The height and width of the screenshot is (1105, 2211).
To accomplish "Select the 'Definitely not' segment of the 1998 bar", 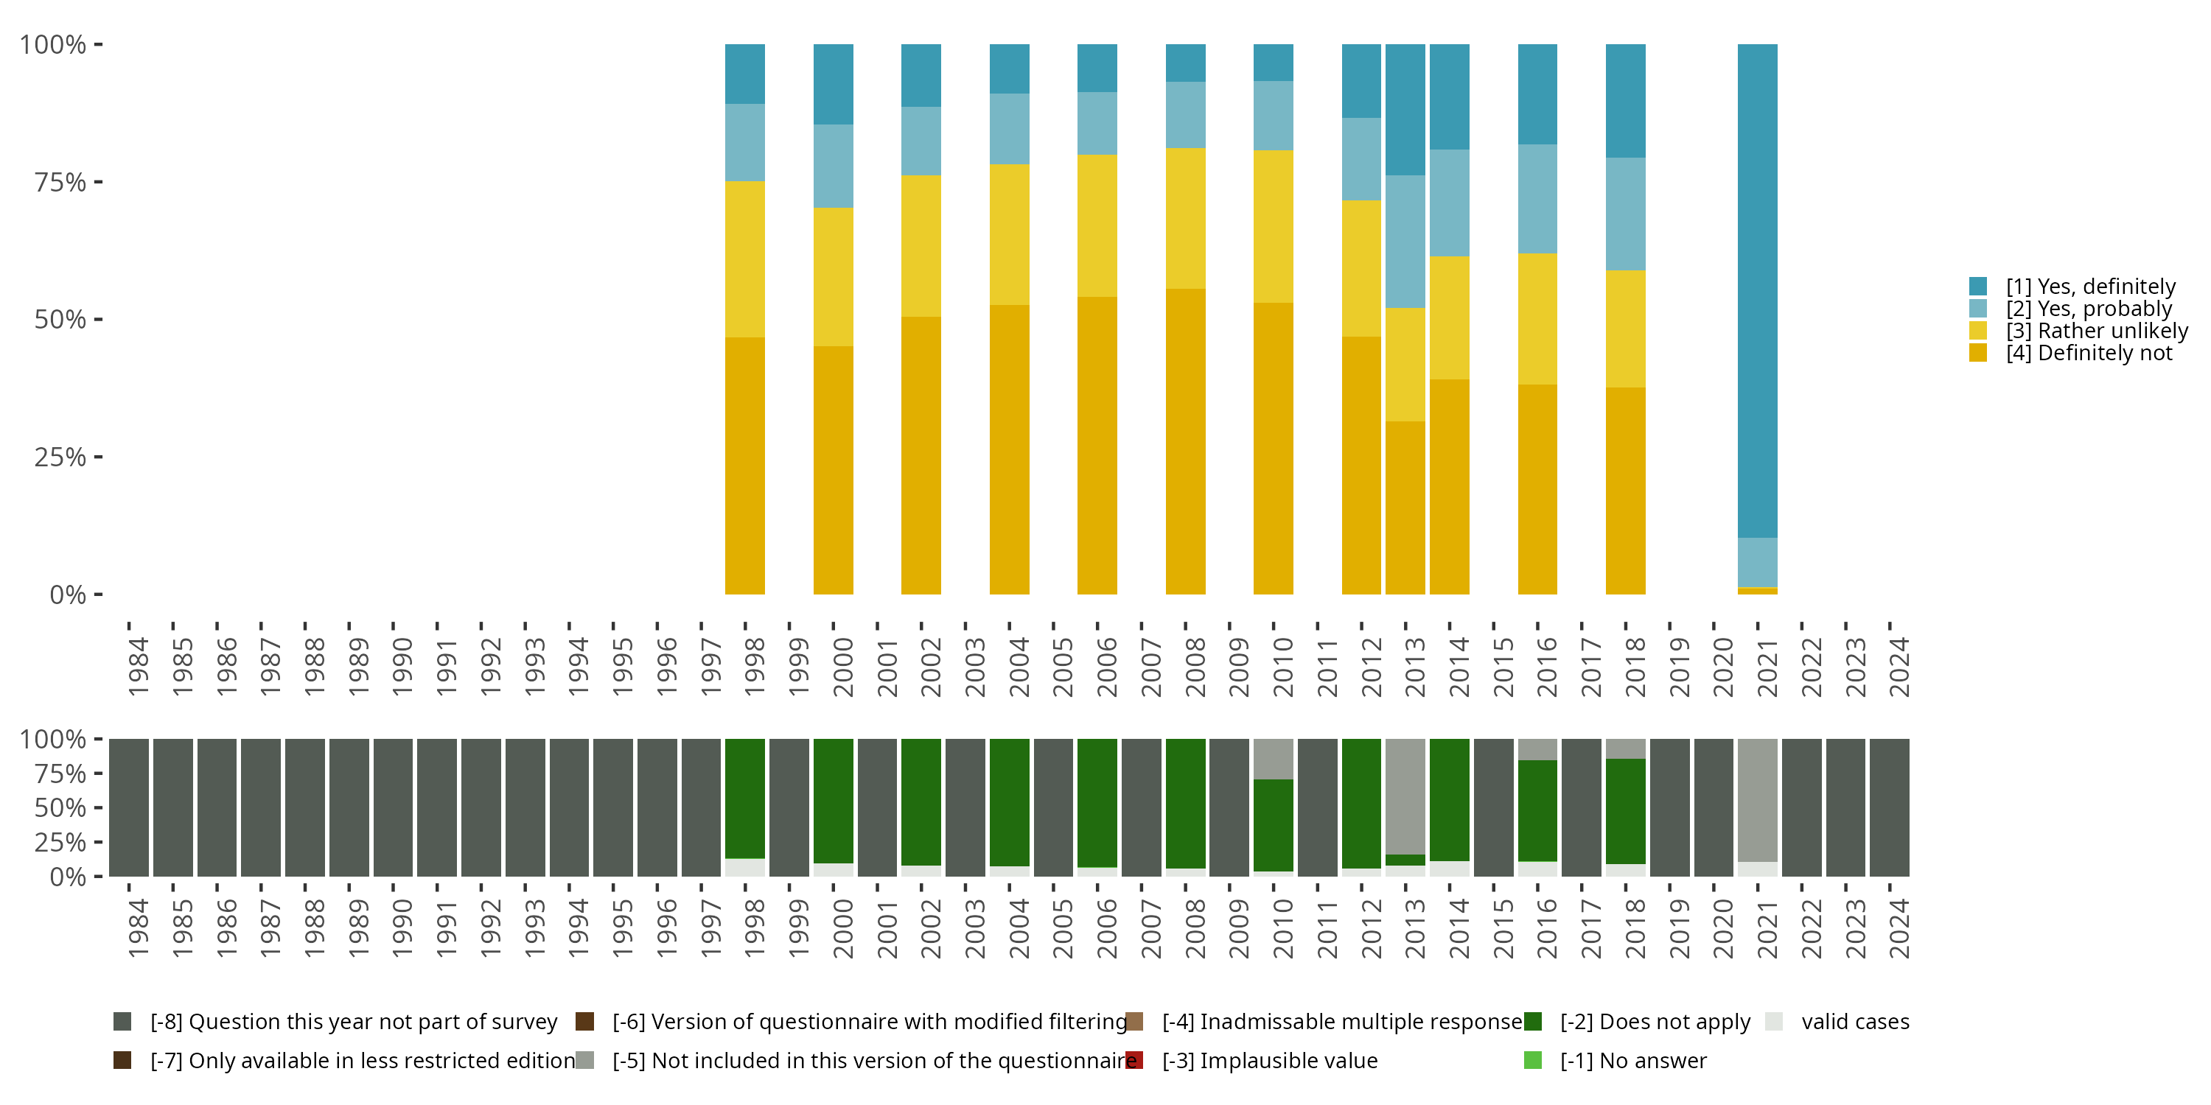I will tap(745, 465).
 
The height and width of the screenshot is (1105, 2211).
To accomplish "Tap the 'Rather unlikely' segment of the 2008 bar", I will tap(1185, 218).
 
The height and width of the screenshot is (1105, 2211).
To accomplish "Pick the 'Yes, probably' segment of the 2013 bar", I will tap(1405, 241).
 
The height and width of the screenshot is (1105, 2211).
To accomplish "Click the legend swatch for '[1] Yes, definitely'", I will tap(1978, 286).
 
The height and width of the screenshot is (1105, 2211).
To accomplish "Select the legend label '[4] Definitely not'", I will tap(2089, 353).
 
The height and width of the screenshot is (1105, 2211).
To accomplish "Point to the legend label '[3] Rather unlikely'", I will tap(2097, 330).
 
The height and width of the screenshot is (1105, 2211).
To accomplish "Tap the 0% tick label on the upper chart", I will tap(68, 594).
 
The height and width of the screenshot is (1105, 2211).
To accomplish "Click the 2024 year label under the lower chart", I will tap(1899, 928).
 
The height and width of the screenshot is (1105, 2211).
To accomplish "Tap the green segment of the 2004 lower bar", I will tap(1010, 802).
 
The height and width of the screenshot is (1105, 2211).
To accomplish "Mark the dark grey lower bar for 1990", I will tap(393, 807).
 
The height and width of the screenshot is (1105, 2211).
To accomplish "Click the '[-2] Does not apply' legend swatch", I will tap(1532, 1022).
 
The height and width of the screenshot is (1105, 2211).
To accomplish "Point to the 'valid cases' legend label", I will tap(1855, 1022).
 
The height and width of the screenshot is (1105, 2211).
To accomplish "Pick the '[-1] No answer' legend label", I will tap(1632, 1060).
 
